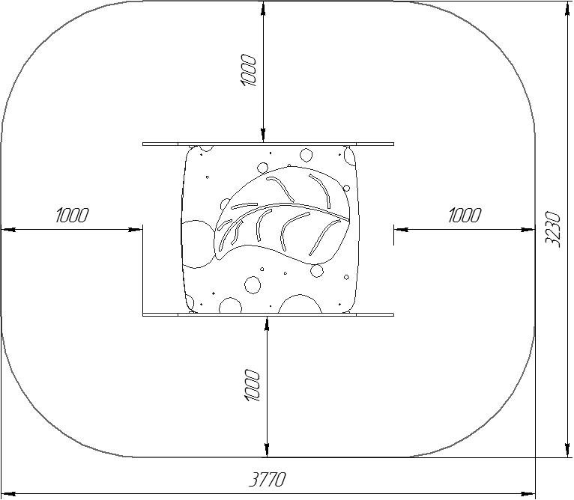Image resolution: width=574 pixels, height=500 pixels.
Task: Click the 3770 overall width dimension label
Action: click(x=267, y=480)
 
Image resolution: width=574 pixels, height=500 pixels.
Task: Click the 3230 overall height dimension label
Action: click(x=553, y=229)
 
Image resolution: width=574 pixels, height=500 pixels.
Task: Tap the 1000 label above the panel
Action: click(x=248, y=70)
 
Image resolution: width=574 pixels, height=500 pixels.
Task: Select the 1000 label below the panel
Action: click(x=252, y=385)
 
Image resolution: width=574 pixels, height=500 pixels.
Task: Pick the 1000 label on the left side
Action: click(x=72, y=215)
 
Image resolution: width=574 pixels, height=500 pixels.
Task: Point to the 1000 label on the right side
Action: click(x=465, y=215)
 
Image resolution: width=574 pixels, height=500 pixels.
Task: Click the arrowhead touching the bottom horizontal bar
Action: click(x=268, y=323)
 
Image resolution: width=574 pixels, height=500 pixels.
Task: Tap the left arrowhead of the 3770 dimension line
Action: click(x=8, y=494)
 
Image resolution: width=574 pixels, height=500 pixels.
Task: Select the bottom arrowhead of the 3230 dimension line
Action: click(x=567, y=450)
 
